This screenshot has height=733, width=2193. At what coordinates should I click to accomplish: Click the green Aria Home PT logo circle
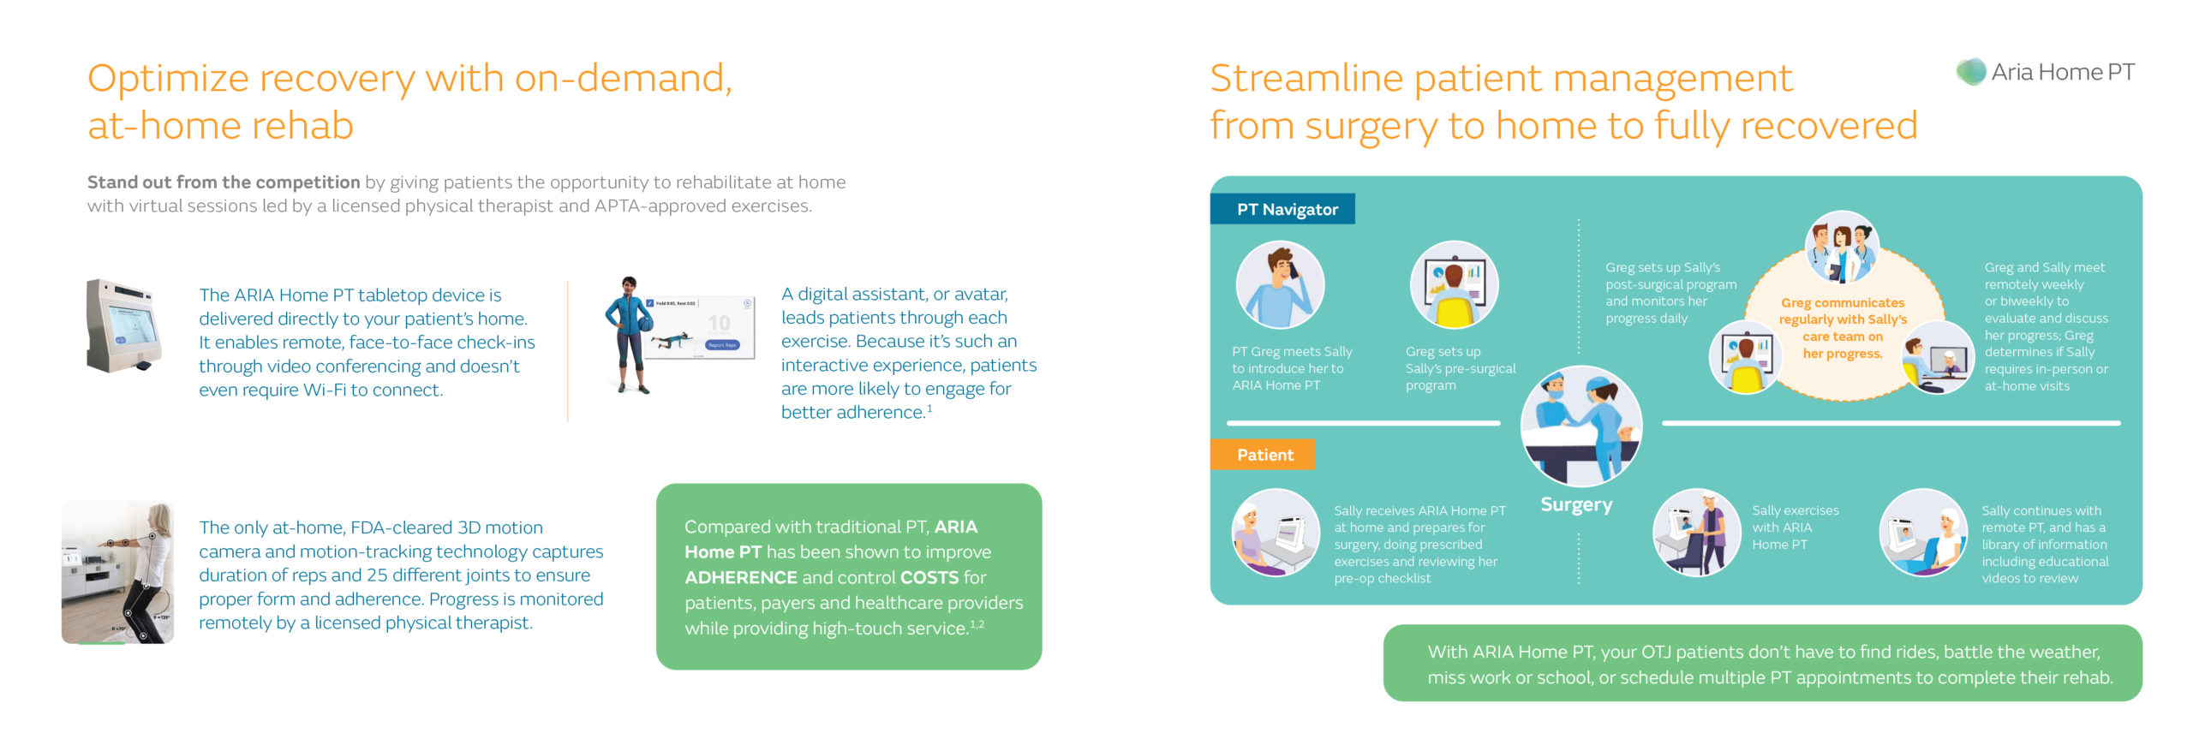[x=1971, y=71]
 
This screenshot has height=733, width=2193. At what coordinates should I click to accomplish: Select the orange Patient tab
[x=1263, y=455]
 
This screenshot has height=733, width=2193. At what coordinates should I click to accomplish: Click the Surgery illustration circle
[x=1581, y=426]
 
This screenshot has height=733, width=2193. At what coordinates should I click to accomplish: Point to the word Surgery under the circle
[x=1576, y=504]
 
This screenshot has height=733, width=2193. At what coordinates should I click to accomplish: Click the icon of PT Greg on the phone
[x=1280, y=284]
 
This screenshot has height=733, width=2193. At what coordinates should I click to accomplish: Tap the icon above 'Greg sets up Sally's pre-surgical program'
[x=1454, y=284]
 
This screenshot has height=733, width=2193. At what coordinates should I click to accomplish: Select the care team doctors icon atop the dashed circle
[x=1842, y=248]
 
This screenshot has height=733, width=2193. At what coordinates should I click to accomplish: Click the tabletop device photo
[x=124, y=325]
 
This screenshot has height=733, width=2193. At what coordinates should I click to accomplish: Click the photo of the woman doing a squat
[x=117, y=572]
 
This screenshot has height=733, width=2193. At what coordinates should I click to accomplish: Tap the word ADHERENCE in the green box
[x=741, y=578]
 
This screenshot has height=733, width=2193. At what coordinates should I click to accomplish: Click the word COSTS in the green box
[x=929, y=578]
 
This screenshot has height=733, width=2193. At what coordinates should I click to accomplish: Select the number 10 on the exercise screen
[x=720, y=323]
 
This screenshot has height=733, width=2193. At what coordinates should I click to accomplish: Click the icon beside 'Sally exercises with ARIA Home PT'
[x=1696, y=533]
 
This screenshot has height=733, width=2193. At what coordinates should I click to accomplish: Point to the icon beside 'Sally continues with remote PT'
[x=1923, y=533]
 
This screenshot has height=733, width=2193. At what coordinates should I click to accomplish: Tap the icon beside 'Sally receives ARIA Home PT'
[x=1276, y=533]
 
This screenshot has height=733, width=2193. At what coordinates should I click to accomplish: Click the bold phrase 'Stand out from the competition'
[x=224, y=182]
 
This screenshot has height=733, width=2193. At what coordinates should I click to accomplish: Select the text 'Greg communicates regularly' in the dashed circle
[x=1843, y=311]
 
